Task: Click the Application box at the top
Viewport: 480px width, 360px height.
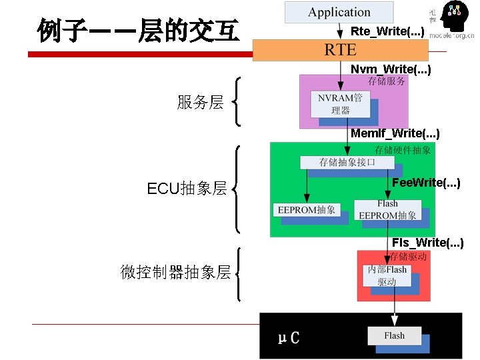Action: pos(339,12)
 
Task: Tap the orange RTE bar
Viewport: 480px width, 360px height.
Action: pos(340,49)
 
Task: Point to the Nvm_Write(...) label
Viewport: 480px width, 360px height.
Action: pos(391,69)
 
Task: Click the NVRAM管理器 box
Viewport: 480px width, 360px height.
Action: pos(340,104)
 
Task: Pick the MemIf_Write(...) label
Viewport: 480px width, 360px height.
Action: pos(395,133)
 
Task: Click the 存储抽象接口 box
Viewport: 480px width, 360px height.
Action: pos(347,162)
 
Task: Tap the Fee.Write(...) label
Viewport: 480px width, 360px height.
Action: pos(426,182)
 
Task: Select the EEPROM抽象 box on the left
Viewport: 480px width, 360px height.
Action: pos(307,210)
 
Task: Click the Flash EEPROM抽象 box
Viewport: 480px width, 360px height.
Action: pos(387,210)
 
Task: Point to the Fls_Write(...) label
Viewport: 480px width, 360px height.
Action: pos(427,242)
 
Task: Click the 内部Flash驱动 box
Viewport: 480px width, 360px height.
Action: pos(387,275)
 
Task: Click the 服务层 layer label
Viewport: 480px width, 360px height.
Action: pos(200,102)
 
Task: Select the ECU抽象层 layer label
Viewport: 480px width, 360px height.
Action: pos(187,189)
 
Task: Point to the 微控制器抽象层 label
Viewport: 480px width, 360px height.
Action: pos(175,272)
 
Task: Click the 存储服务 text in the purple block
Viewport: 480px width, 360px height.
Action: pos(386,81)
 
